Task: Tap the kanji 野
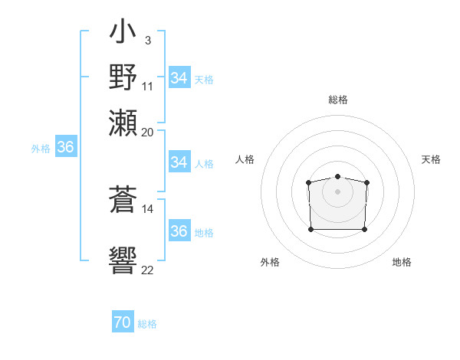coord(123,77)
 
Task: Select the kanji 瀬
coord(123,122)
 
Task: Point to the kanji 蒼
coord(123,201)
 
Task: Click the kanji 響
coord(123,260)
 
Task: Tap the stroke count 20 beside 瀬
coord(148,132)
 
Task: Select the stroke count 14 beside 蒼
coord(148,208)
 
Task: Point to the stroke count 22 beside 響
coord(148,270)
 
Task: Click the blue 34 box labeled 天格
coord(179,78)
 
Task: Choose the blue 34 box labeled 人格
coord(179,162)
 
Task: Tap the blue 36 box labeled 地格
coord(179,231)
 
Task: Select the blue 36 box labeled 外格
coord(65,148)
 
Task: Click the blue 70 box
coord(123,323)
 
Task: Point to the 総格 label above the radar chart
coord(338,100)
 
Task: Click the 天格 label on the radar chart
coord(431,159)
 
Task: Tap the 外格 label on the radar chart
coord(270,262)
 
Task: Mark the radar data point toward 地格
coord(364,229)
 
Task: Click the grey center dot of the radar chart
coord(338,191)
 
